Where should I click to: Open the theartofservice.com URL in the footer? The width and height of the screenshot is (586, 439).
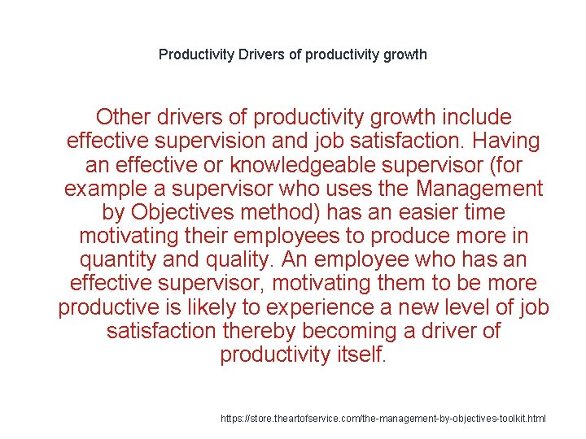tap(383, 418)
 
